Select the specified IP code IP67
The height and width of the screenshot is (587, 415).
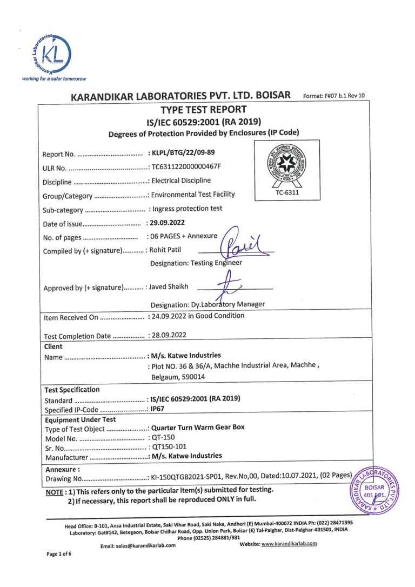160,409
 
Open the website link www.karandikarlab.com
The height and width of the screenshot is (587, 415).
289,544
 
